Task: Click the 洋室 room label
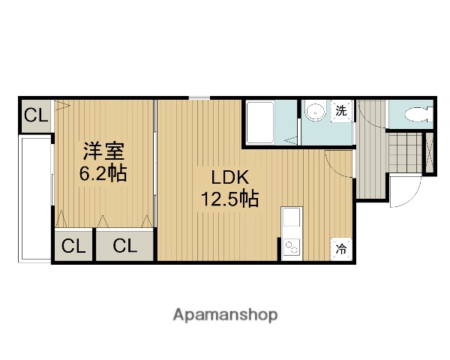[103, 151]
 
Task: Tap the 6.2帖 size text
[103, 174]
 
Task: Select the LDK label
[229, 178]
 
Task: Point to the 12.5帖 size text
[229, 199]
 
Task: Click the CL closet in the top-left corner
[34, 115]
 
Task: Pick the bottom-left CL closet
[73, 244]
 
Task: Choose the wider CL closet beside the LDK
[124, 244]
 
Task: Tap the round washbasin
[316, 113]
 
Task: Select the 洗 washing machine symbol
[341, 110]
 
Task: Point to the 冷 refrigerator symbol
[341, 248]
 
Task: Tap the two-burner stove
[290, 247]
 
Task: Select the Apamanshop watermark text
[225, 315]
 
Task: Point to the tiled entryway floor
[405, 152]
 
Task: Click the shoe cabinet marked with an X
[429, 152]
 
